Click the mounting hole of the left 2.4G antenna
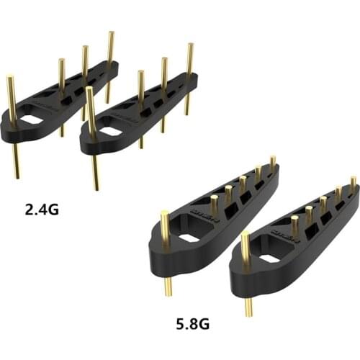coord(33,120)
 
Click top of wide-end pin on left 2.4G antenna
coord(11,78)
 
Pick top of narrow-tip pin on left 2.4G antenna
coord(110,34)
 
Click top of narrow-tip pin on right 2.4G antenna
coord(189,46)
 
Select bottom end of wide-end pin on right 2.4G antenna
coord(96,187)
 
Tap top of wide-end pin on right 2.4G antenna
coord(90,90)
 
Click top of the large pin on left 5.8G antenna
coord(164,214)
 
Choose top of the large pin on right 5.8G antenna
coord(246,234)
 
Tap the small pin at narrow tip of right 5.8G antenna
coord(353,180)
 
